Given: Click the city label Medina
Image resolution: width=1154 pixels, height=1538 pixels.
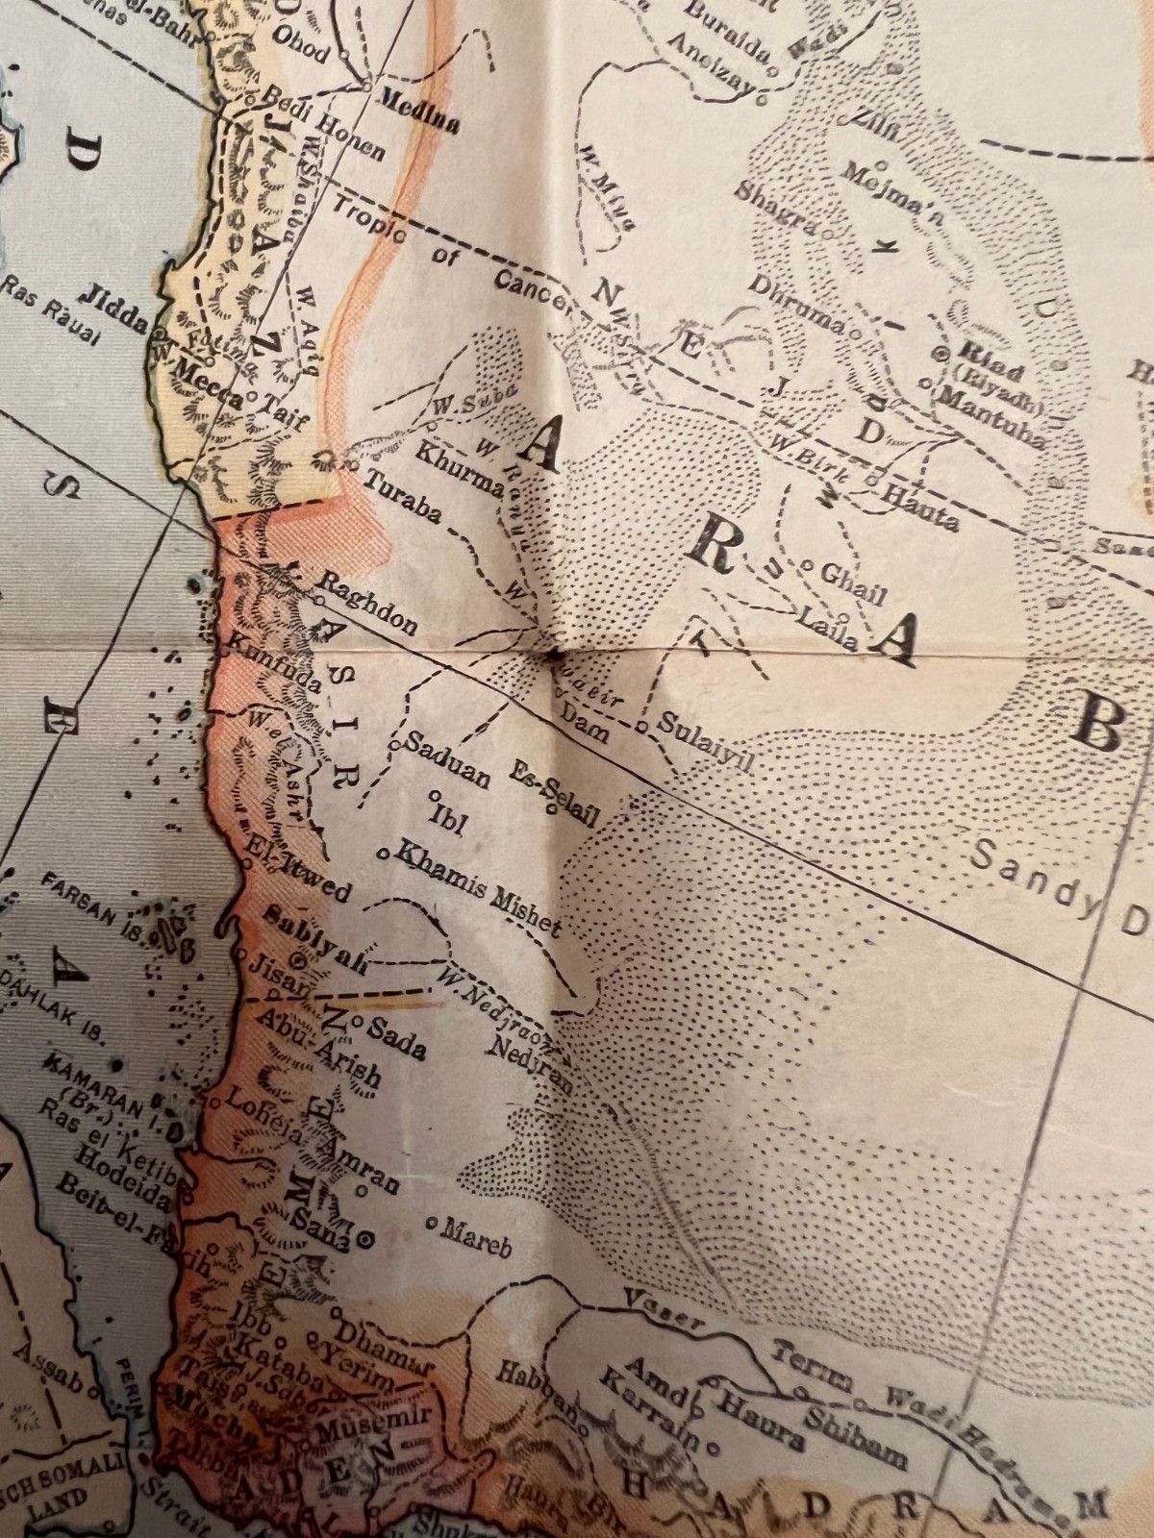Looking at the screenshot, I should coord(420,111).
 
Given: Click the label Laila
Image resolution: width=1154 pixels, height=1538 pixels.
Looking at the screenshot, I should coord(826,625).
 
